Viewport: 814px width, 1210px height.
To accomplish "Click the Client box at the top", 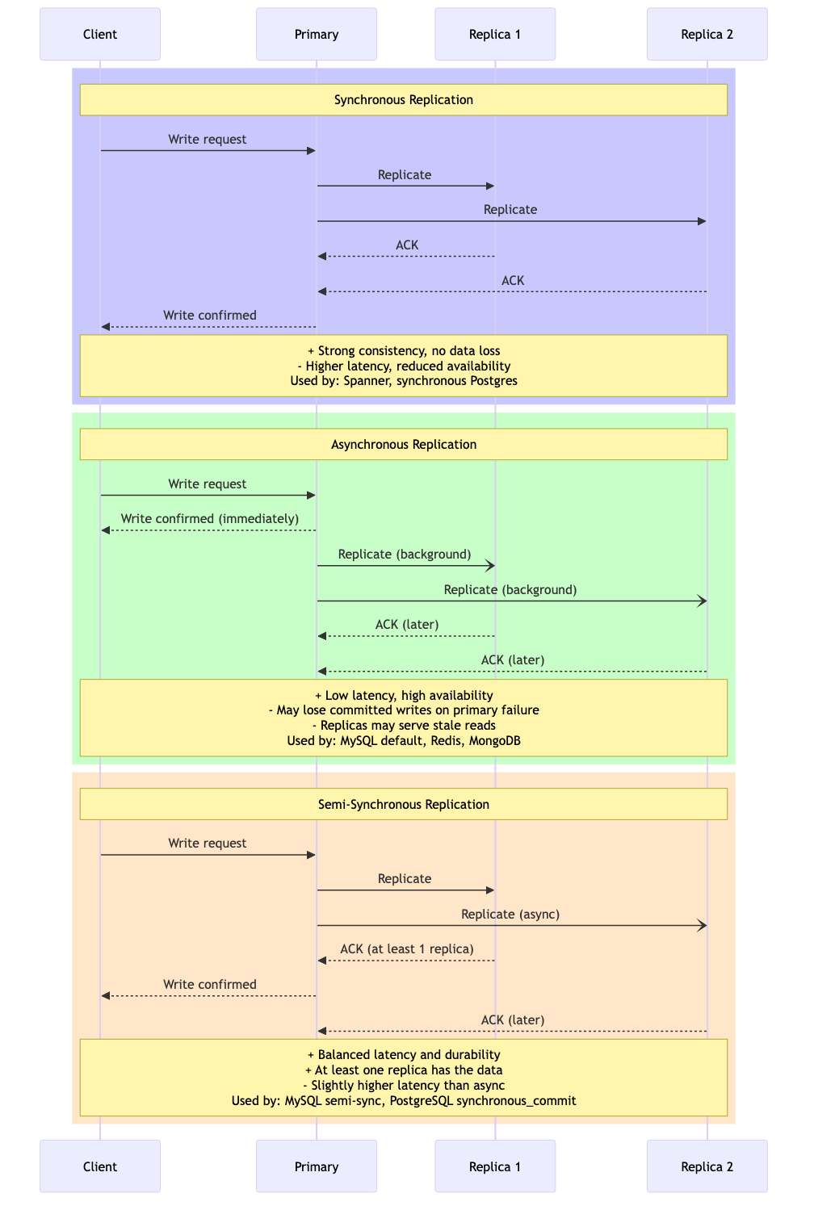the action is [x=100, y=34].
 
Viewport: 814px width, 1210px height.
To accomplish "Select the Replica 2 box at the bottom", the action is [x=707, y=1166].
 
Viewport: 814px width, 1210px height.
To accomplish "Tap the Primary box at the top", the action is [x=317, y=34].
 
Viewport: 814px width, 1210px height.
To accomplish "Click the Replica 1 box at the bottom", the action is [x=495, y=1166].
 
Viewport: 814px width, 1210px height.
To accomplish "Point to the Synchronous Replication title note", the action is [x=404, y=100].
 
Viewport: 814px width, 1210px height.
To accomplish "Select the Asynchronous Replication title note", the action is [x=404, y=445].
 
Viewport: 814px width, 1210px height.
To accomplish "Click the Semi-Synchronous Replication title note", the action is [x=404, y=805].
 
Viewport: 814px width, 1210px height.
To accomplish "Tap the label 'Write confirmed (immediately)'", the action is [x=210, y=519].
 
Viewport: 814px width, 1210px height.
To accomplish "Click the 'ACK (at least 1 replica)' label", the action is [x=407, y=949].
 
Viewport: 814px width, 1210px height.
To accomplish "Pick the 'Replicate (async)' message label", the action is [x=510, y=915].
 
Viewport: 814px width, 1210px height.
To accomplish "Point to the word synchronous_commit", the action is [x=516, y=1101].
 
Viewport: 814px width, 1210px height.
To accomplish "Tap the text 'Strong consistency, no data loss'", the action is [x=409, y=351].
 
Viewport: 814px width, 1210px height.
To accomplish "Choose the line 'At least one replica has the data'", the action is [x=409, y=1070].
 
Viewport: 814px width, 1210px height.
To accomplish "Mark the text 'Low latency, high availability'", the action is [x=409, y=696].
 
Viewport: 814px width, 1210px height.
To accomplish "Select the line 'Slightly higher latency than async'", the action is [x=408, y=1086].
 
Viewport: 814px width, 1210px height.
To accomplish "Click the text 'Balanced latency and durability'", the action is [x=409, y=1055].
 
